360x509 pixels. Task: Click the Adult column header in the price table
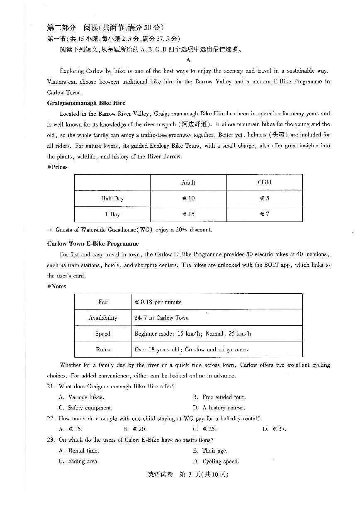[x=188, y=183]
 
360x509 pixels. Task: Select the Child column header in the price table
[x=264, y=182]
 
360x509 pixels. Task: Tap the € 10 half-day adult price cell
[x=188, y=198]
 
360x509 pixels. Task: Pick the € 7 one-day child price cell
[x=265, y=214]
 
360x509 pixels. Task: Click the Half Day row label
[x=112, y=198]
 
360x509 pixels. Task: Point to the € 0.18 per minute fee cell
[x=158, y=302]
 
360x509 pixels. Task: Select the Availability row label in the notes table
[x=103, y=318]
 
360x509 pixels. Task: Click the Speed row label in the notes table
[x=103, y=334]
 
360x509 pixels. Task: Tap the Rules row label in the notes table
[x=103, y=349]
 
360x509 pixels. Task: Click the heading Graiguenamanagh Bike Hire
[x=86, y=103]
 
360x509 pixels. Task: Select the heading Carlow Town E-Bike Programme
[x=93, y=244]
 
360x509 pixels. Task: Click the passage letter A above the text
[x=188, y=60]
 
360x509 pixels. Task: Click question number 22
[x=51, y=419]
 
